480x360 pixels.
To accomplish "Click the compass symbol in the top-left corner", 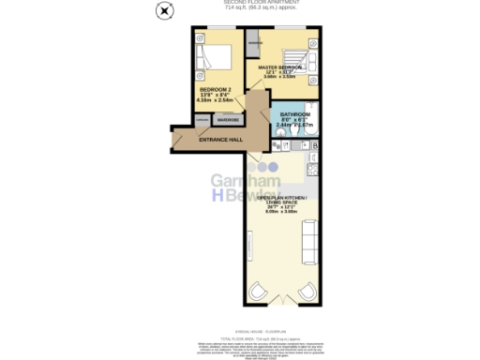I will coord(165,11).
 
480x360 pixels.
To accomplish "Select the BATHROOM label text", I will coord(295,116).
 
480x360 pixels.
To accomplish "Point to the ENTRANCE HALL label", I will coord(221,139).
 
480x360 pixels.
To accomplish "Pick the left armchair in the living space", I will coord(259,295).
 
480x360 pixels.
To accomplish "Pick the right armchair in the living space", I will coord(306,295).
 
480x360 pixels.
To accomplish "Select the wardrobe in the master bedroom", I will coord(253,44).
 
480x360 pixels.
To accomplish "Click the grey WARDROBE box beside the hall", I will coord(228,119).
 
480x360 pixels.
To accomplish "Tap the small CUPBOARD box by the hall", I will coord(202,119).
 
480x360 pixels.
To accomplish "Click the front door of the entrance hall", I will coord(178,140).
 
